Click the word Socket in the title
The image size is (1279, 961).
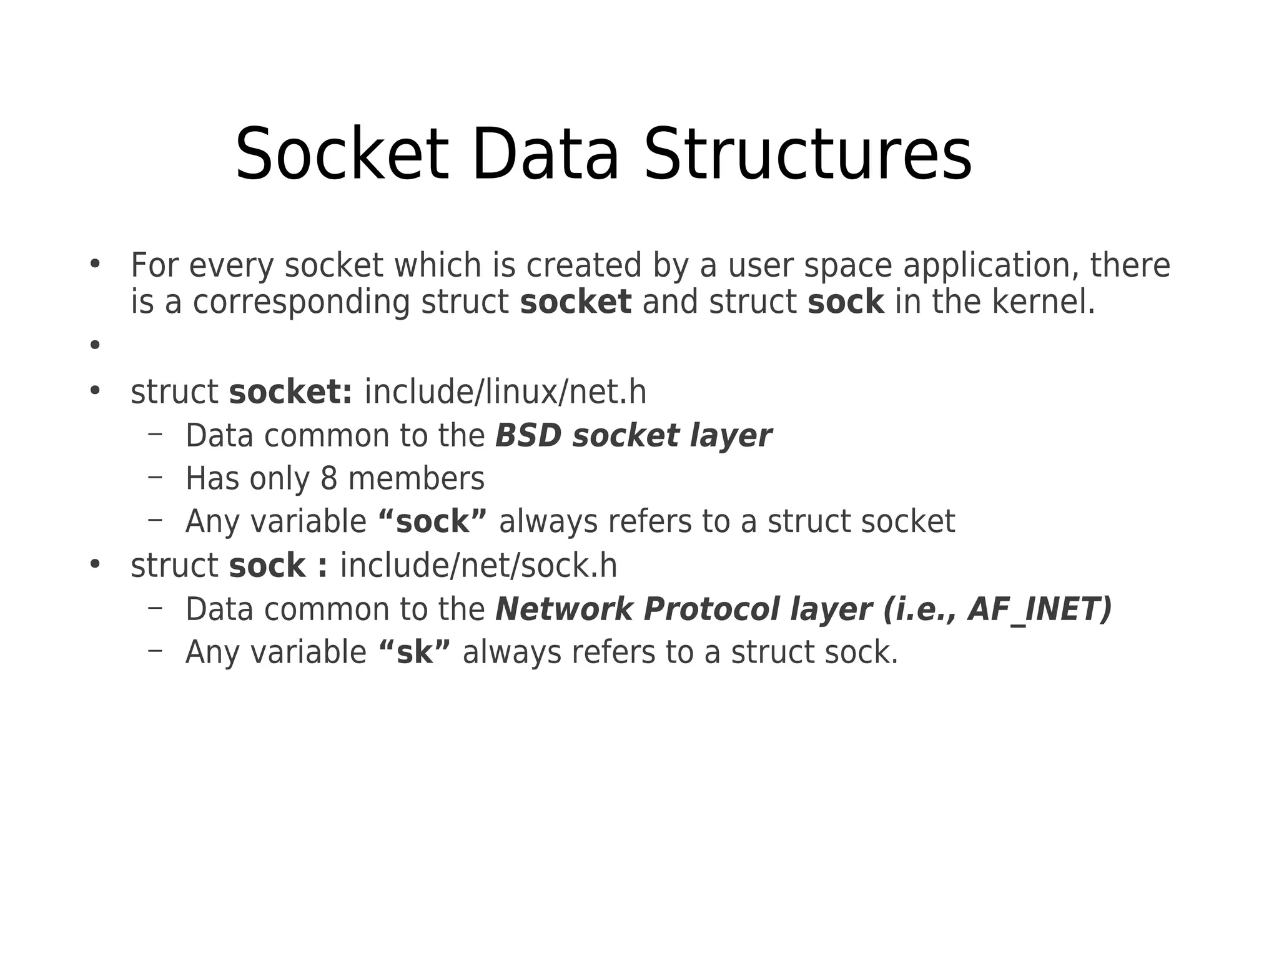pyautogui.click(x=342, y=154)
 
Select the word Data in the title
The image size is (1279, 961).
pyautogui.click(x=545, y=154)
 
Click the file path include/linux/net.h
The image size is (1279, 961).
pyautogui.click(x=505, y=392)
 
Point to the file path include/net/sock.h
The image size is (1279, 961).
pyautogui.click(x=478, y=566)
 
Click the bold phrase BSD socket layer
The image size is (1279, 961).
pyautogui.click(x=633, y=436)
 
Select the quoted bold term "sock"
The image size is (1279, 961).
pyautogui.click(x=432, y=521)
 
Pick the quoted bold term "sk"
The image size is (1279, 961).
pyautogui.click(x=415, y=653)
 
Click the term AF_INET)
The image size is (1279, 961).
pyautogui.click(x=1040, y=609)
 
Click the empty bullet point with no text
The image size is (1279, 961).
pyautogui.click(x=95, y=344)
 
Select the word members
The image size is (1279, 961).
pyautogui.click(x=416, y=479)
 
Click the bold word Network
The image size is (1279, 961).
pyautogui.click(x=564, y=609)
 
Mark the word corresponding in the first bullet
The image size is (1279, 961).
pyautogui.click(x=301, y=302)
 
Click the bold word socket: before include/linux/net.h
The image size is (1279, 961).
pyautogui.click(x=290, y=392)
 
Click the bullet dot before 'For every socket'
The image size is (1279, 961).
pyautogui.click(x=95, y=264)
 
